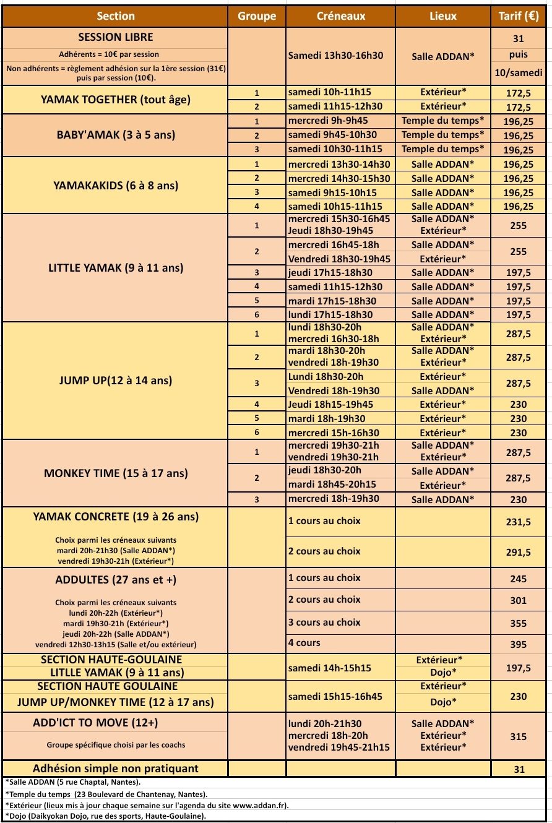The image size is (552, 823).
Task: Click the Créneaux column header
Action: tap(341, 17)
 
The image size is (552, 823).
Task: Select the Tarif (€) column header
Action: tap(519, 17)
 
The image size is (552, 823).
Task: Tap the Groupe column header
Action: tap(257, 17)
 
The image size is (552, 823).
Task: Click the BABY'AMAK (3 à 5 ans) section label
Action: tap(116, 135)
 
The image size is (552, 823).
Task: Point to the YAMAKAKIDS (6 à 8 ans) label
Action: tap(116, 184)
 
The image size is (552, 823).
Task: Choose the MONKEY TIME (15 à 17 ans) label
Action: tap(116, 473)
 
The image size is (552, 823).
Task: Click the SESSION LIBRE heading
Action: tap(116, 38)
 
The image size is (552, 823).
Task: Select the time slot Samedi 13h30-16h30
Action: tap(336, 56)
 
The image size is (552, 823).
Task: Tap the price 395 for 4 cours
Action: tap(519, 645)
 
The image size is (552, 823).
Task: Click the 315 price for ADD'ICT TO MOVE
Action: tap(519, 736)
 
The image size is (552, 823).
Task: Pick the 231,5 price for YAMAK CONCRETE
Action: tap(519, 522)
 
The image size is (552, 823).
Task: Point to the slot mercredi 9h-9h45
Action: tap(328, 121)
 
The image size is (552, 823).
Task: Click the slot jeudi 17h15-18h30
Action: tap(330, 273)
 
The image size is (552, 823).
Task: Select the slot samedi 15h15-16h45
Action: tap(335, 696)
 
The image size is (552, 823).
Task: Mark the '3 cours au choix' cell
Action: tap(324, 622)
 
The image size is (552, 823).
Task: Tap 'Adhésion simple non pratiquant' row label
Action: tap(116, 769)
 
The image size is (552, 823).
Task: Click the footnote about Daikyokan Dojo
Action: tap(106, 816)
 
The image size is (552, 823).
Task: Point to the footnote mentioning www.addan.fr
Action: tap(147, 805)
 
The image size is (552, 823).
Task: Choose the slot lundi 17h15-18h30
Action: tap(330, 315)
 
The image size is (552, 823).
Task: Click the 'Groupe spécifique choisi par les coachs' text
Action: tap(116, 745)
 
